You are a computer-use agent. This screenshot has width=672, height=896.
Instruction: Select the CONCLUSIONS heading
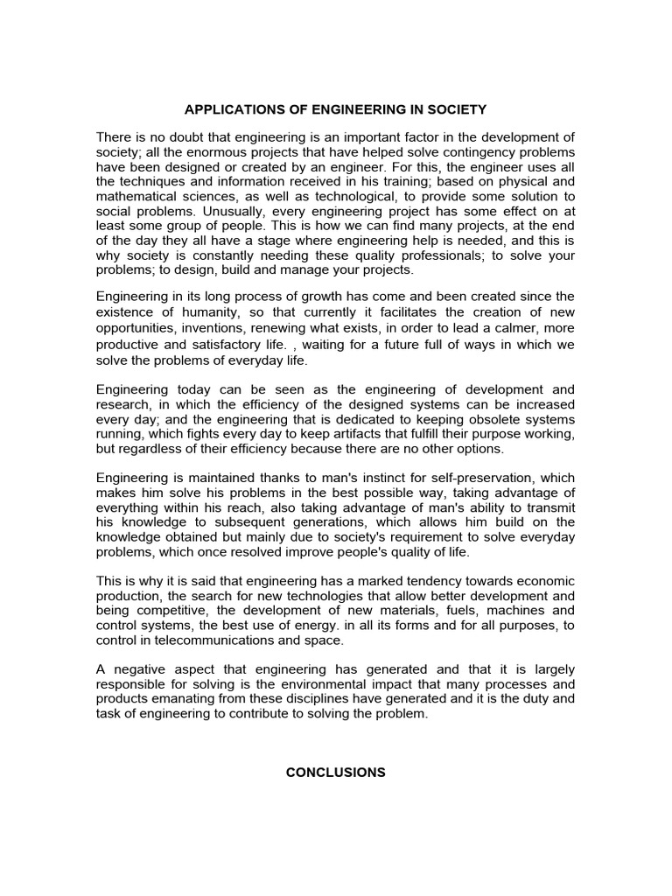pyautogui.click(x=336, y=773)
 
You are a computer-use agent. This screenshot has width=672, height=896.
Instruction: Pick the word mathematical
pyautogui.click(x=140, y=197)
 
